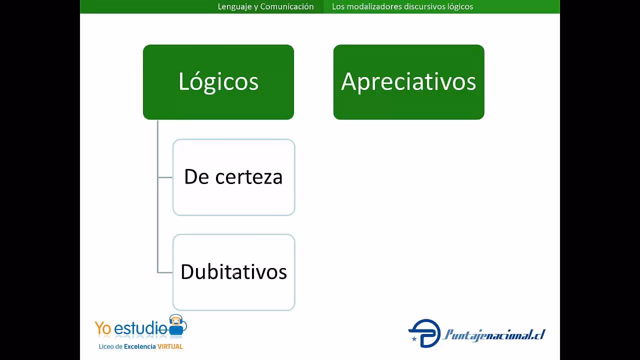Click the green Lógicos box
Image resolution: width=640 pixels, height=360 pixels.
pyautogui.click(x=218, y=82)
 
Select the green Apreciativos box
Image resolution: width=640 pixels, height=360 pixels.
pyautogui.click(x=408, y=82)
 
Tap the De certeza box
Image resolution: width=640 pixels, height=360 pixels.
pyautogui.click(x=233, y=177)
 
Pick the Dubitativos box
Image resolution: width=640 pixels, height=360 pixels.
pyautogui.click(x=233, y=272)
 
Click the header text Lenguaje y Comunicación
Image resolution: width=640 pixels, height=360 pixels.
pyautogui.click(x=265, y=6)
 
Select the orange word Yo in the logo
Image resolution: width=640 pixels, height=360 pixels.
pyautogui.click(x=103, y=328)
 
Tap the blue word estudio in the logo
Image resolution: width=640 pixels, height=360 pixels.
pyautogui.click(x=140, y=328)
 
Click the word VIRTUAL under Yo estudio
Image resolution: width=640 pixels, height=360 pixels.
pyautogui.click(x=170, y=346)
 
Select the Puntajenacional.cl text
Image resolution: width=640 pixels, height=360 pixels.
pyautogui.click(x=493, y=335)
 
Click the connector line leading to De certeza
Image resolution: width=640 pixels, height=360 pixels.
pyautogui.click(x=165, y=177)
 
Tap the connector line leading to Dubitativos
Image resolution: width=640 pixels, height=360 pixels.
pyautogui.click(x=165, y=272)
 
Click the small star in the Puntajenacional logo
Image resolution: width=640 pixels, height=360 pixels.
pyautogui.click(x=414, y=339)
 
